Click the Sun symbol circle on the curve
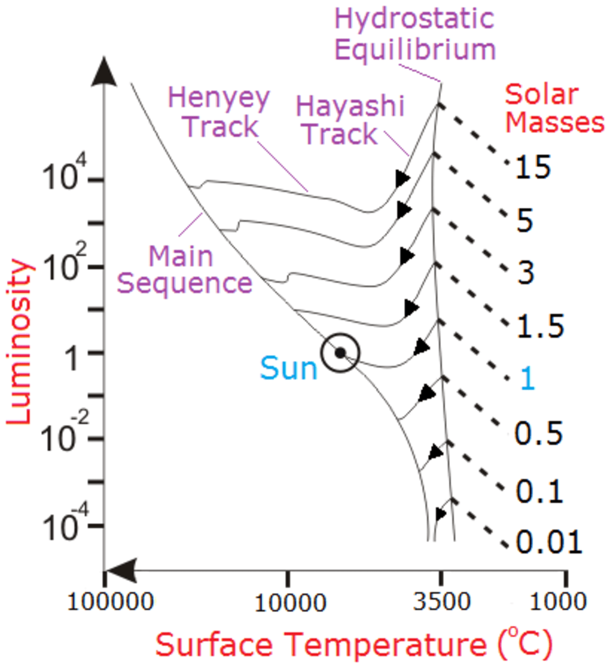click(x=340, y=352)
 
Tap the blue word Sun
click(x=288, y=369)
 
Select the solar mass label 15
click(x=533, y=166)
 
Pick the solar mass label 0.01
click(x=549, y=542)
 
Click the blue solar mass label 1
click(x=527, y=379)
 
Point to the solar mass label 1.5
click(x=540, y=326)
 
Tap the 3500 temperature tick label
click(x=441, y=601)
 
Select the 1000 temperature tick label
click(x=558, y=601)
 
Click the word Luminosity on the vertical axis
click(x=20, y=342)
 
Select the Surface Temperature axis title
click(x=353, y=645)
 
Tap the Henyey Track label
click(x=219, y=112)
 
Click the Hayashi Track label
click(x=350, y=120)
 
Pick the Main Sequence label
click(x=184, y=270)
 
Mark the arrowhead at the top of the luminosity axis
click(x=104, y=71)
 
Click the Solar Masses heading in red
click(x=554, y=109)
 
